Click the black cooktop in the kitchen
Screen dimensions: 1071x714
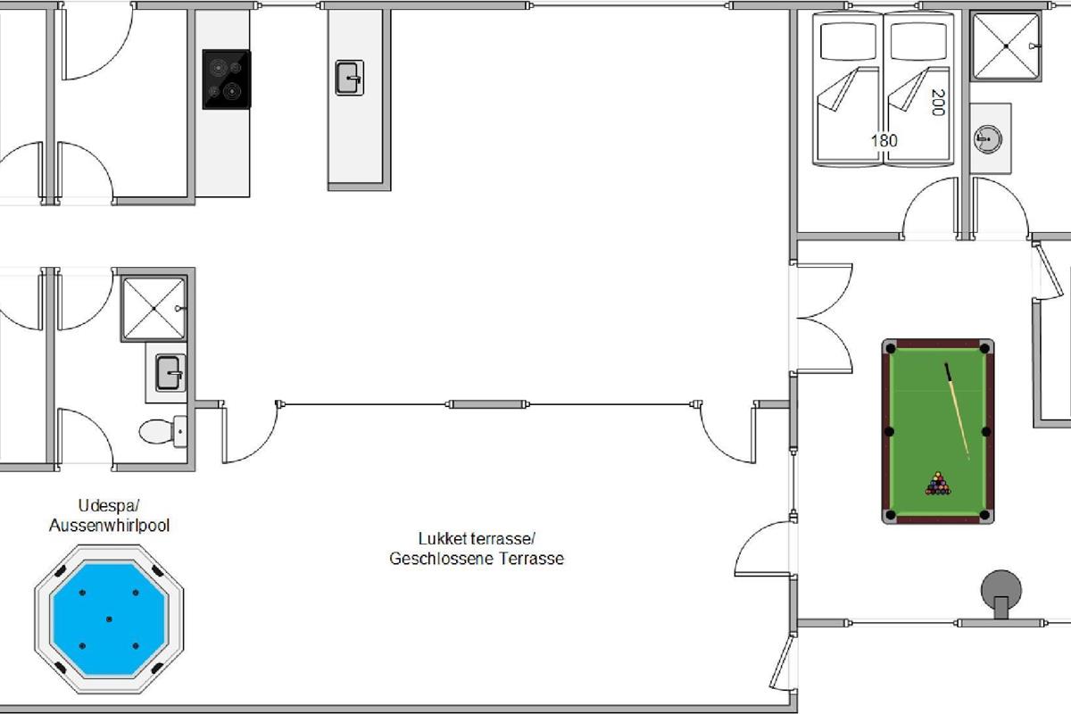(x=227, y=79)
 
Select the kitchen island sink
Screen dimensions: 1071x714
(x=350, y=78)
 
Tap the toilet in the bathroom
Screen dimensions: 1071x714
(x=163, y=431)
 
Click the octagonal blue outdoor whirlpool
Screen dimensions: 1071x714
(x=109, y=619)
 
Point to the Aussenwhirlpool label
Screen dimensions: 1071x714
(x=109, y=526)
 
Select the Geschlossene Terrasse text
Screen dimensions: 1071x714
(x=477, y=559)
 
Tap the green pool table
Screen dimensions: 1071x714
(x=938, y=431)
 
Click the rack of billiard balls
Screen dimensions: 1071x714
(x=938, y=484)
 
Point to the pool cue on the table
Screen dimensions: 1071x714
(x=957, y=411)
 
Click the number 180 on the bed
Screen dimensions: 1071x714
(x=884, y=141)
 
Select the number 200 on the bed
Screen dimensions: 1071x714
(x=938, y=103)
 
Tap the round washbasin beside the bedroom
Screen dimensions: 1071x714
(x=987, y=139)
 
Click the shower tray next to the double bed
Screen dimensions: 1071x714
(x=1006, y=46)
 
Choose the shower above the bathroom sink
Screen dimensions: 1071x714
(x=154, y=309)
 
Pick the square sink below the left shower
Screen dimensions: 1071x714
(x=170, y=372)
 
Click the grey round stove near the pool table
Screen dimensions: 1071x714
(x=1001, y=593)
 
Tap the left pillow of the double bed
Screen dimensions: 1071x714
(x=848, y=42)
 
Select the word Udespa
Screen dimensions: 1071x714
(x=108, y=505)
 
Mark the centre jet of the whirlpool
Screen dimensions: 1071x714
(x=109, y=619)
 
